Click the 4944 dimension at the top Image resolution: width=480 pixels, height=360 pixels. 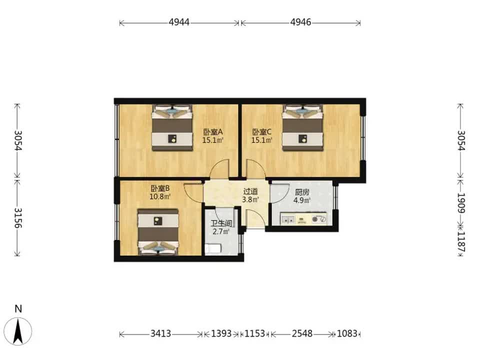tap(179, 22)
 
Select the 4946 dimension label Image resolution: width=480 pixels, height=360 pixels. tap(300, 22)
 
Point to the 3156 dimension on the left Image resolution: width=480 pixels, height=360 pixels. tap(17, 218)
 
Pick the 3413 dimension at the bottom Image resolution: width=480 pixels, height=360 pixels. tap(160, 333)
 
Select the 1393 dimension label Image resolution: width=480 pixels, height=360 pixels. tap(221, 333)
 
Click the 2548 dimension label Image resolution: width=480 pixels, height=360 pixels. tap(302, 333)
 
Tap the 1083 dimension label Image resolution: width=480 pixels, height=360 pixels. tap(347, 333)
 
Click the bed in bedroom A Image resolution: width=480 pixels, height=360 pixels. tap(172, 127)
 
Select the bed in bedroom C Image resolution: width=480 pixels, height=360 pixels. tap(303, 127)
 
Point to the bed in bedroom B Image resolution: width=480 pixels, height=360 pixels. tap(158, 232)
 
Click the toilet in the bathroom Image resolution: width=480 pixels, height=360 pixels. tap(213, 248)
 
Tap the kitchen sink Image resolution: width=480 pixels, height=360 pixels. tap(288, 219)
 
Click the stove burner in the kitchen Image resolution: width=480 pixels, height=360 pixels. tap(315, 219)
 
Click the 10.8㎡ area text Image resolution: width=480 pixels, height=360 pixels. tap(160, 196)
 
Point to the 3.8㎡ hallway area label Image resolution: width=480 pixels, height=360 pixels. tap(250, 200)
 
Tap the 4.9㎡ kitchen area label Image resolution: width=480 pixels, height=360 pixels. tap(302, 200)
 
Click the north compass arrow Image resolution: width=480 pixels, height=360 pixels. tap(18, 331)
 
